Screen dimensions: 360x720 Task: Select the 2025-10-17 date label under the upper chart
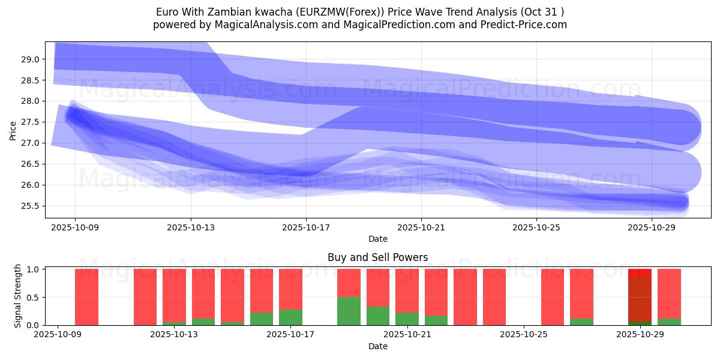pos(306,228)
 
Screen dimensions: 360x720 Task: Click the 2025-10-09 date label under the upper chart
pos(75,228)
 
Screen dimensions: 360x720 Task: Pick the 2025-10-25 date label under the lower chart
pos(524,335)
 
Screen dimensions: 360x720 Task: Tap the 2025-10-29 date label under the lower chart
pos(640,335)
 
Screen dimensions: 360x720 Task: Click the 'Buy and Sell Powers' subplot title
pos(377,257)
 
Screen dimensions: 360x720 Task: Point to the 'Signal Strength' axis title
pos(18,296)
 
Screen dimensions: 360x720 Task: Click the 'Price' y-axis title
pos(13,130)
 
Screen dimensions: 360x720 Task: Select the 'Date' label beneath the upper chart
pos(377,239)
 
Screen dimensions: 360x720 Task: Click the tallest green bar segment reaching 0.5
pos(349,311)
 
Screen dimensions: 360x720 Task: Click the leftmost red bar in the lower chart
pos(86,297)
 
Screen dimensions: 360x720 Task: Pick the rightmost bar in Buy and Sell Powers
pos(669,294)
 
